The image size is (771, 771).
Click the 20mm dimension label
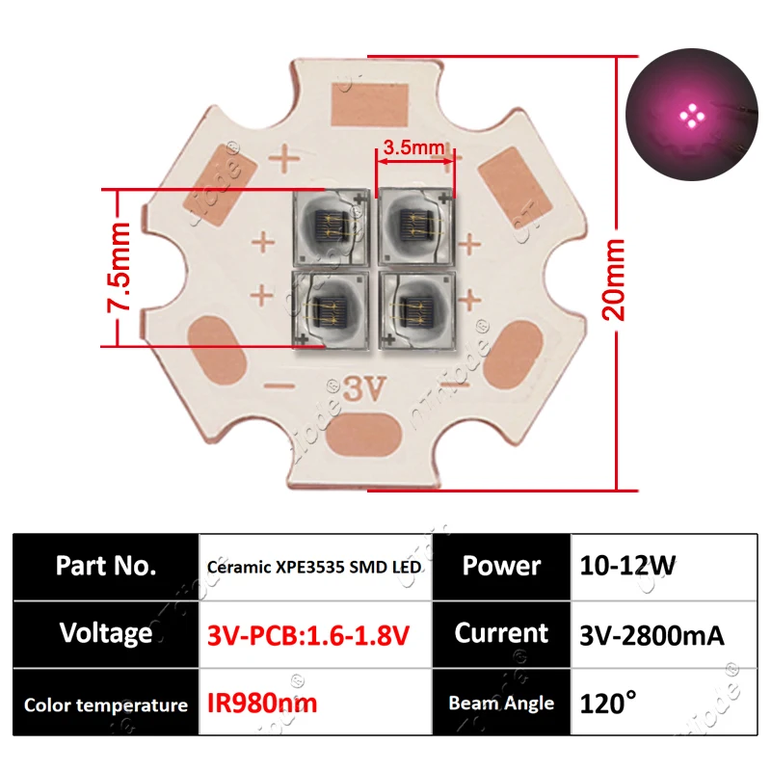coord(613,279)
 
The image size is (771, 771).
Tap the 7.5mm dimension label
coord(119,267)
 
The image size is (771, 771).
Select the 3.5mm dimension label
coord(413,147)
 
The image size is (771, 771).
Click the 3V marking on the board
coord(364,389)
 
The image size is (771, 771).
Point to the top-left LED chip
coord(331,228)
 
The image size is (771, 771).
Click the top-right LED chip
coord(416,228)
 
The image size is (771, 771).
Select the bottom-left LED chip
coord(331,310)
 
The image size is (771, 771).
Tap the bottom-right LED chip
coord(417,310)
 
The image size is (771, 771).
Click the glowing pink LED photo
coord(691,115)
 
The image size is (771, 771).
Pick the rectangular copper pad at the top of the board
coord(370,105)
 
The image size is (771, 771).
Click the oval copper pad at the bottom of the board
coord(364,435)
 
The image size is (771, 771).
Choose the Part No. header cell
coord(106,566)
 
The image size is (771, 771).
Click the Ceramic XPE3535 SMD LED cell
coord(315,567)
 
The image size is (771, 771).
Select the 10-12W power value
coord(627,566)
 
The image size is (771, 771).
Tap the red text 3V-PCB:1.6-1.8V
coord(308,635)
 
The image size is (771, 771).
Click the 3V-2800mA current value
coord(652,635)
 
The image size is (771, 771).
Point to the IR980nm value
coord(262,704)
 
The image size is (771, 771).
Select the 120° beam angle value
coord(608,703)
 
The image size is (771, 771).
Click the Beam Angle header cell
coord(501,703)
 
